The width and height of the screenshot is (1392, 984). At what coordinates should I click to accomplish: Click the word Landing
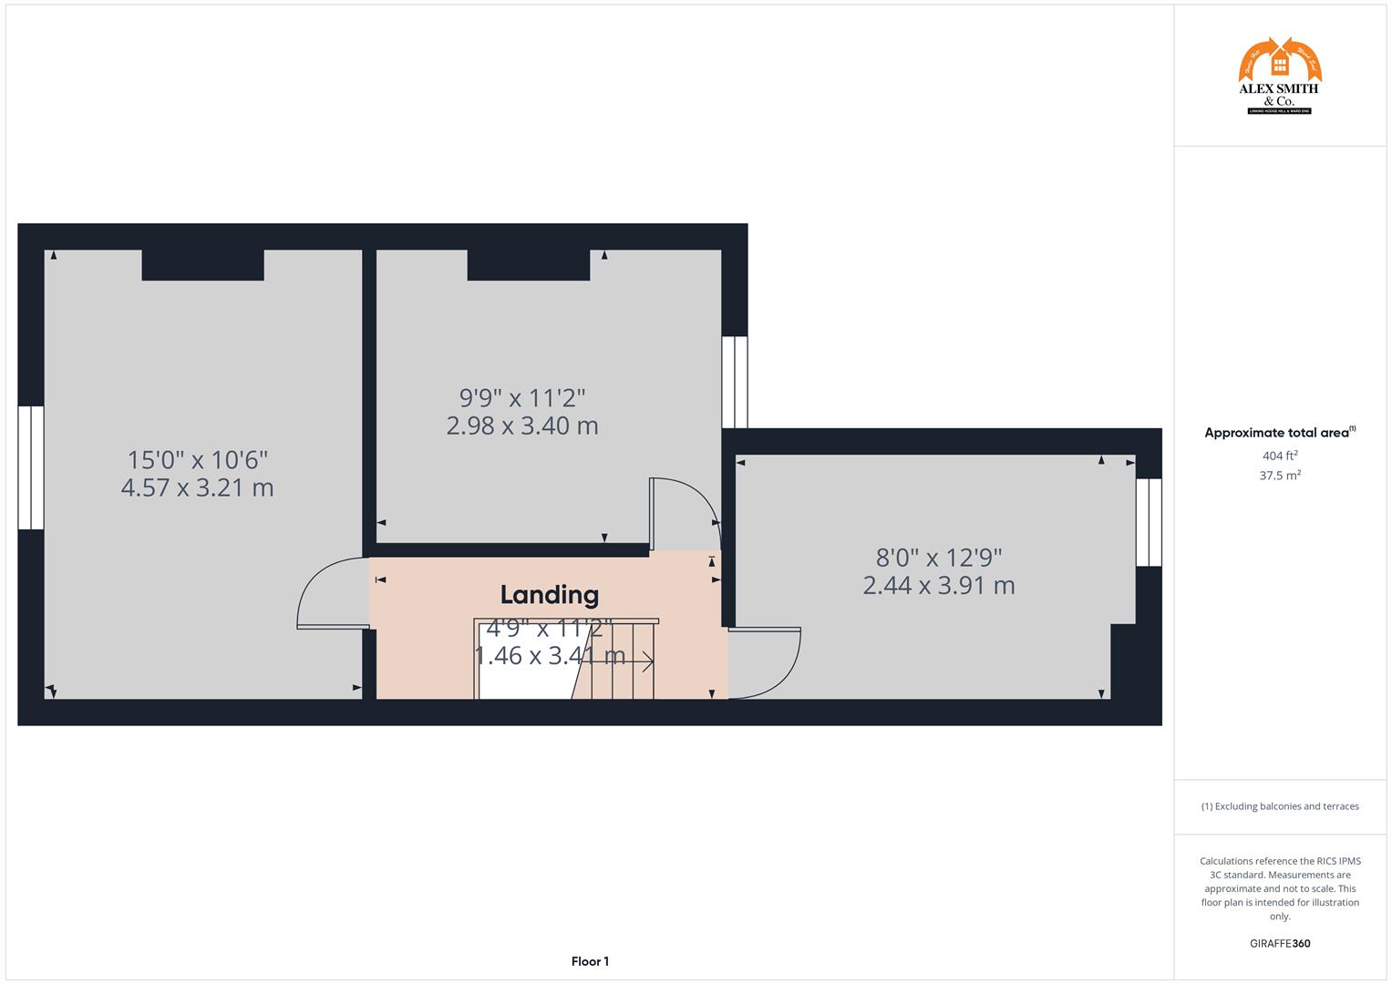point(550,595)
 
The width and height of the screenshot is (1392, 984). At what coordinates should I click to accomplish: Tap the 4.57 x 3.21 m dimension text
point(197,487)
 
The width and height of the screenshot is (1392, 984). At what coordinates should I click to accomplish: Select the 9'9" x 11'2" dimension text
point(521,398)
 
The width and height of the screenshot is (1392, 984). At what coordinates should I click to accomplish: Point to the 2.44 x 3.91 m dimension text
point(939,585)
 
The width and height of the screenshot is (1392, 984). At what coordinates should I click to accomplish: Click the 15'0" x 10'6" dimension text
point(197,459)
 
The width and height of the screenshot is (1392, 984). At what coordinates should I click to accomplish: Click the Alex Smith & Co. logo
point(1279,77)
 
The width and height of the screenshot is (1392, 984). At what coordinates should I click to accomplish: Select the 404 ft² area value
point(1279,456)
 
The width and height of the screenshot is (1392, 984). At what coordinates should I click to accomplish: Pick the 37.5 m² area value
point(1279,476)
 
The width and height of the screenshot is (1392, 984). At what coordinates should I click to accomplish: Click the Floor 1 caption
point(590,961)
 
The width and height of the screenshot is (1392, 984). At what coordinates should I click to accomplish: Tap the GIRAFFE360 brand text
point(1279,944)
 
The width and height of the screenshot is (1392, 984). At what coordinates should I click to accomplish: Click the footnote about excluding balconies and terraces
point(1279,806)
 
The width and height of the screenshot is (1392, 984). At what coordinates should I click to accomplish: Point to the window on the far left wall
point(31,467)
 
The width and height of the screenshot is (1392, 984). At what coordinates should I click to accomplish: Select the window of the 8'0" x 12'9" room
point(1149,522)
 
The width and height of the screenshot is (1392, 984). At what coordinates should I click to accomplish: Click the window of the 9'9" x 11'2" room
point(735,382)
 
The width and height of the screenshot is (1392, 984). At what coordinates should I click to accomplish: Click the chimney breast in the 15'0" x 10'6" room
point(202,264)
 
